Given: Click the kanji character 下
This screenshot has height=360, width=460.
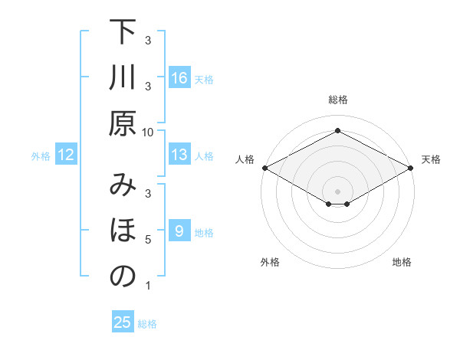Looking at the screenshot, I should (x=123, y=34).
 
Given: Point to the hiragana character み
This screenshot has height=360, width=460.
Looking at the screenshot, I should (x=123, y=185).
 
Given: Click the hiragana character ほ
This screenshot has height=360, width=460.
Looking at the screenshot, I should (x=123, y=231).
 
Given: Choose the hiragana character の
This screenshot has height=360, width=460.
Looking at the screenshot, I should (x=123, y=276).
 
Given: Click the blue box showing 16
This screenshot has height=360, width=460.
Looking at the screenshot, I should (x=179, y=77).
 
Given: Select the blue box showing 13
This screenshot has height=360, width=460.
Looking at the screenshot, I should (x=179, y=155).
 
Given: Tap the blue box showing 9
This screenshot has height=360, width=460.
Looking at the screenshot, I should (x=179, y=231).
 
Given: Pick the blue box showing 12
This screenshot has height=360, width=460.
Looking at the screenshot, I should (x=67, y=155).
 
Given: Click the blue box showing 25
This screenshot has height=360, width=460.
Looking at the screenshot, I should (x=123, y=322).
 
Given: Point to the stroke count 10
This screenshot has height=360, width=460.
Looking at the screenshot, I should (x=148, y=132).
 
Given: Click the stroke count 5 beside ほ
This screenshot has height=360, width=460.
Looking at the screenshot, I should (x=148, y=240).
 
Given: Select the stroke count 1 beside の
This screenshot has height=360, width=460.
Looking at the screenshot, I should (x=148, y=286).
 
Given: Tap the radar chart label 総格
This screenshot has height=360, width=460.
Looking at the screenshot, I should (x=338, y=100).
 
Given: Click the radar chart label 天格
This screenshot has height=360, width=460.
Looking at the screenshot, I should (x=431, y=159).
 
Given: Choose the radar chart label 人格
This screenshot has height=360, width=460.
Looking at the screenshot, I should (x=245, y=159).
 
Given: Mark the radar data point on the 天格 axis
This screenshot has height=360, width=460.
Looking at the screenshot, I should (x=412, y=167).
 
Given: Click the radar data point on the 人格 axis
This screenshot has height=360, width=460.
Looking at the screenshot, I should (x=264, y=167).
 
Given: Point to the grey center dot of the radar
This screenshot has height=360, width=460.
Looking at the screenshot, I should (x=338, y=191).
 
